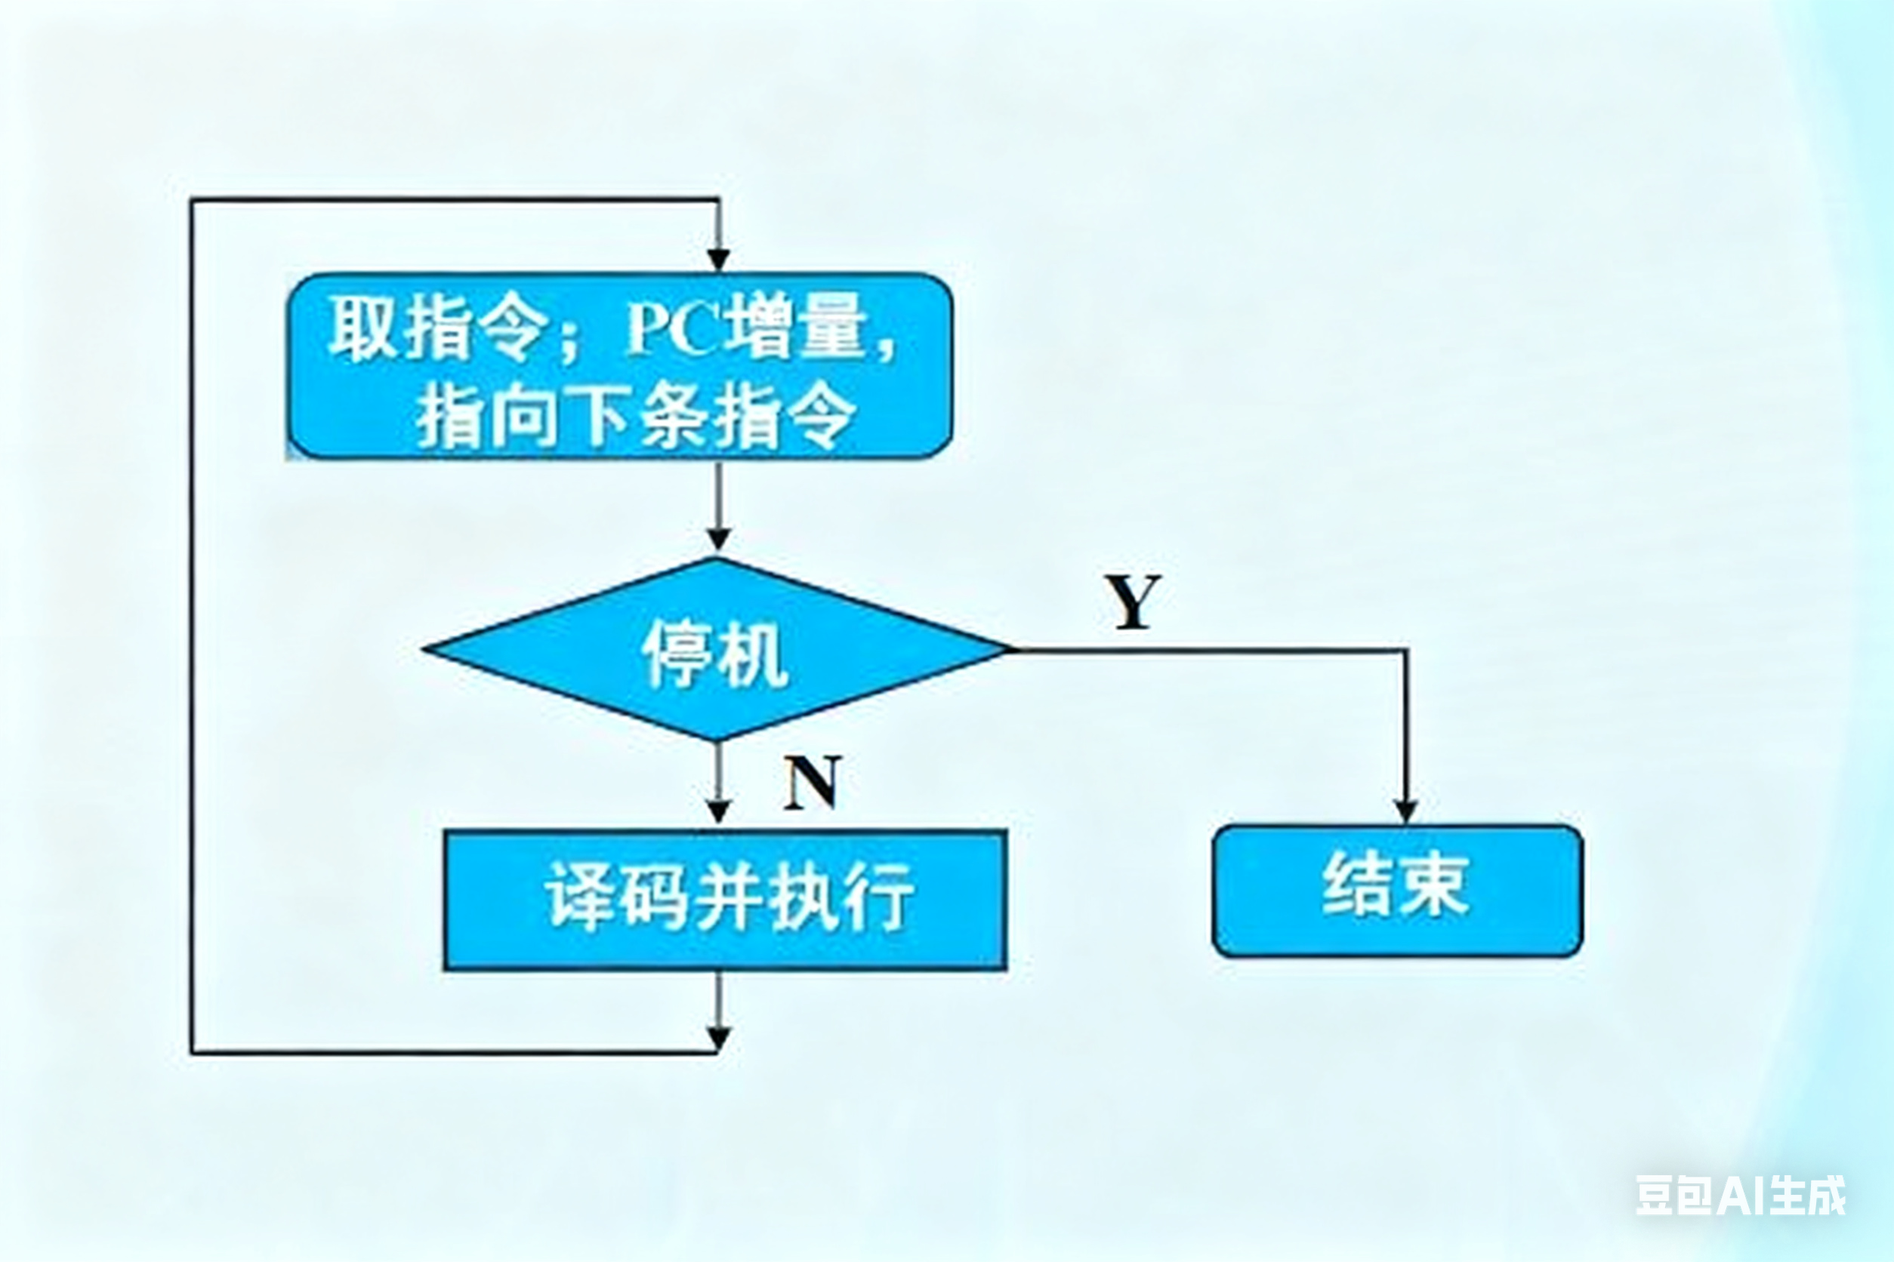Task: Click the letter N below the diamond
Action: tap(811, 781)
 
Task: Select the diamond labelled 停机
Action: tap(716, 648)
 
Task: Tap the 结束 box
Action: tap(1397, 890)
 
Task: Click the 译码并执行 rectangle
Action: tap(725, 900)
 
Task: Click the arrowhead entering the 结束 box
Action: tap(1406, 811)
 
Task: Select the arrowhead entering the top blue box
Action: tap(717, 260)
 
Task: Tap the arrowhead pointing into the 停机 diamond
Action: tap(717, 538)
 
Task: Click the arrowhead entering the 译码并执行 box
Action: tap(717, 811)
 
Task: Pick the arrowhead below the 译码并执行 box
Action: tap(717, 1039)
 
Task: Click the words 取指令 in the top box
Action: tap(436, 329)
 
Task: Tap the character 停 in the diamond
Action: tap(676, 654)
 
